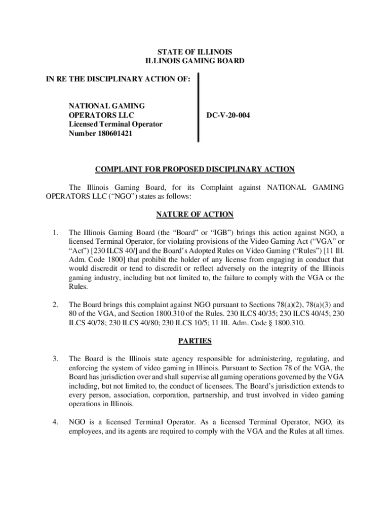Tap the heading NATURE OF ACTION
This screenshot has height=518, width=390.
194,214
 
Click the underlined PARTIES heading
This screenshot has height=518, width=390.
194,341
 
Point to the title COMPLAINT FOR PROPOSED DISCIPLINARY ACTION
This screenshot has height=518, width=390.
194,169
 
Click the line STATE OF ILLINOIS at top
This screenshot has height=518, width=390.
194,52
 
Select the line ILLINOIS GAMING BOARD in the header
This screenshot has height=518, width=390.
194,61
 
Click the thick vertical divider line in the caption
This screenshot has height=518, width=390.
198,107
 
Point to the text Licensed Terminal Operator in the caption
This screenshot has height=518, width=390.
115,124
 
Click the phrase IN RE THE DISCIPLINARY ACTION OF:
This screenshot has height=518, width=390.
118,79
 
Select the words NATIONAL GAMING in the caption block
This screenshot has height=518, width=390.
106,106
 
